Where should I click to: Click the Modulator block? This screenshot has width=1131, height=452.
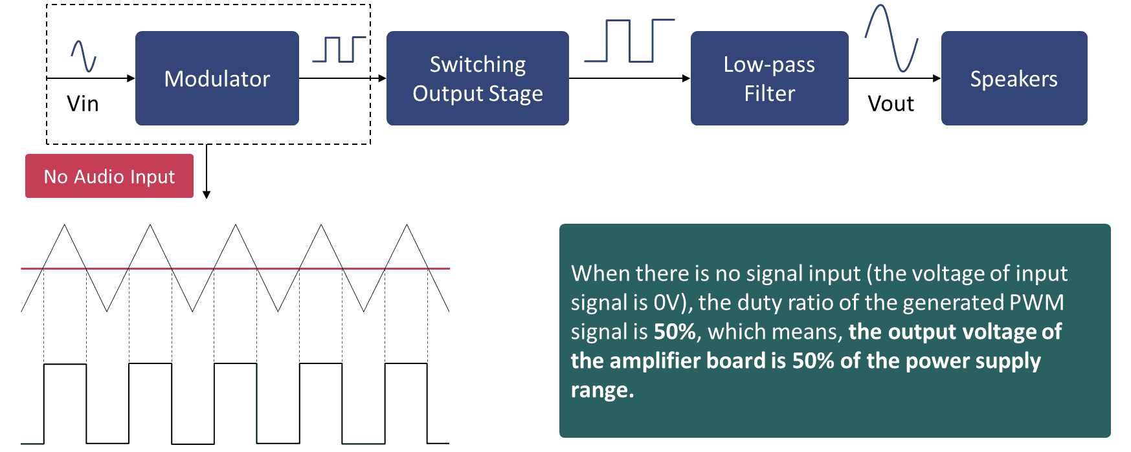click(217, 78)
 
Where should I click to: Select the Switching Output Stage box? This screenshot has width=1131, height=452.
click(477, 78)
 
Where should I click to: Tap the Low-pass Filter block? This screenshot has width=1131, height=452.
click(769, 78)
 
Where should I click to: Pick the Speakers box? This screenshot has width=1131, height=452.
click(1014, 78)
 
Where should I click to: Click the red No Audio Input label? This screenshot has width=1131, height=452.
click(109, 176)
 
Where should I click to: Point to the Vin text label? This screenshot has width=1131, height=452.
click(83, 103)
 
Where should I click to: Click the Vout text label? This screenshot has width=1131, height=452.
click(891, 103)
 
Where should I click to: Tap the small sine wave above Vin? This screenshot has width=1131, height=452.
click(84, 56)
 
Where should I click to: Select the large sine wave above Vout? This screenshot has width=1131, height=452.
click(891, 38)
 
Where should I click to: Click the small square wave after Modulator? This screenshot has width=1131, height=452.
click(339, 49)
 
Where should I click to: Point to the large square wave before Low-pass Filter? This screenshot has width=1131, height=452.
click(629, 41)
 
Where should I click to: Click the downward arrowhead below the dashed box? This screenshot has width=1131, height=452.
click(207, 194)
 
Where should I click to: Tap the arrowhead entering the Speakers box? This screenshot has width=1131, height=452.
click(936, 78)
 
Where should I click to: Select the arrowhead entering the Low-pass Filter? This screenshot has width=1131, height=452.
click(686, 78)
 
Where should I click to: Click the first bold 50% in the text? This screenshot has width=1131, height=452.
click(675, 332)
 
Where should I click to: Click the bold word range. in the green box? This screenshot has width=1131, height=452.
click(602, 390)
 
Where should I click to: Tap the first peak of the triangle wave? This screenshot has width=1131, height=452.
click(65, 226)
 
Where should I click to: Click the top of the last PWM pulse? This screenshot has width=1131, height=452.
click(406, 364)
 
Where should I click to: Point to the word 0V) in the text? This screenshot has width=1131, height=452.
click(672, 303)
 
